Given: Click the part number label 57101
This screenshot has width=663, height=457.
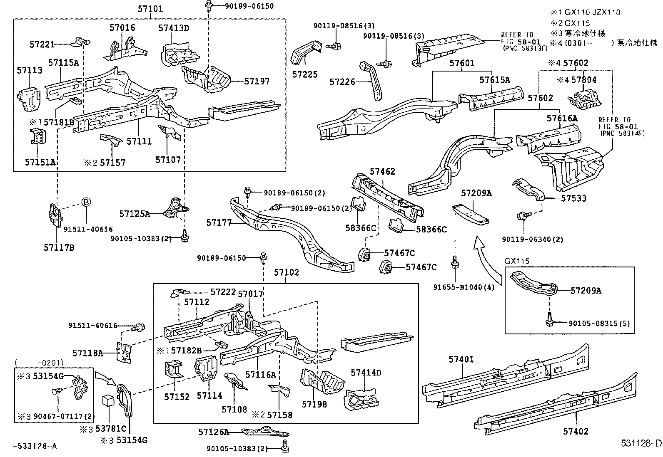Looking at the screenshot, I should coord(150,9).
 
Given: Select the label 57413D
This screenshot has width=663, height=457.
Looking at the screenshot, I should coord(173,28).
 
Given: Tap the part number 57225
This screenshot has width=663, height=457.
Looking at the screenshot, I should coord(305,74).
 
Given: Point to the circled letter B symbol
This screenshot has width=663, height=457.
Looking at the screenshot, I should coord(85,202).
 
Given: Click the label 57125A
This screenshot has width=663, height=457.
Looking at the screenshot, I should coord(134,214).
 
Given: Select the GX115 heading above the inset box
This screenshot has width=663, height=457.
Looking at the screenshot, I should coord(517,261).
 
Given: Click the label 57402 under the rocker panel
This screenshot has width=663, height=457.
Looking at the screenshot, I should coord(576,431).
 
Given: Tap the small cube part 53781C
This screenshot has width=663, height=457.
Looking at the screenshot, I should coord(109,401).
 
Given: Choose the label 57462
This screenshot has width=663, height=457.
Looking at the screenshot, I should coord(382,171).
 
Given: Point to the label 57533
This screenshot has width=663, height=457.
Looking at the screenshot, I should coord(573,198).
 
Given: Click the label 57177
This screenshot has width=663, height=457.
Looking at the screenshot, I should coord(219,223).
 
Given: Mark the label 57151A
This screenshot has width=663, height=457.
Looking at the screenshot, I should coord(40,162).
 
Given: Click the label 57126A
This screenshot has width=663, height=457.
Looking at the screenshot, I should coord(213,432).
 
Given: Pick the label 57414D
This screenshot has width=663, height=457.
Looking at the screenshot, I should coord(366,373).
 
